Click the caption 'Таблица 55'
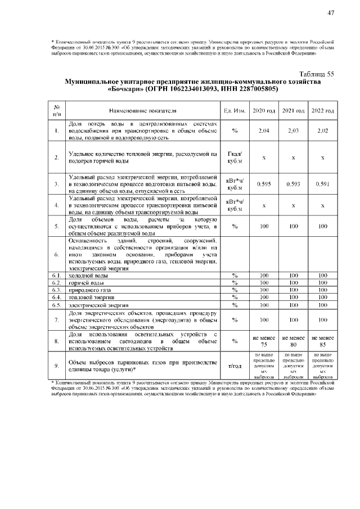pos(317,74)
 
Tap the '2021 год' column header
pos(293,110)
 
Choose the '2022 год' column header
pos(323,110)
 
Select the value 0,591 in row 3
pos(323,184)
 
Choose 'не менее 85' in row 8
pos(323,341)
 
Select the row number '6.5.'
pos(57,305)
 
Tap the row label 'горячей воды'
pos(87,283)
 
